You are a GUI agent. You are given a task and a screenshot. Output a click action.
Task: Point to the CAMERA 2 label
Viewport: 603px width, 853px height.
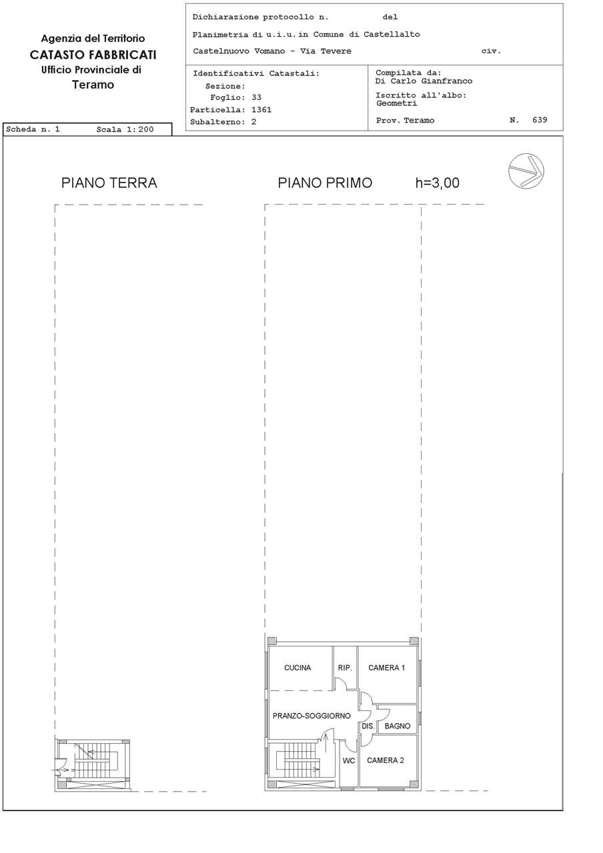click(385, 760)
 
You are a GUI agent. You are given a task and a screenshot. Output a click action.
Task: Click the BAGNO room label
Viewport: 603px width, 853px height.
click(397, 726)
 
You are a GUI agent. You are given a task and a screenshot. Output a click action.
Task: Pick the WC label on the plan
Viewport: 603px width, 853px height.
click(348, 760)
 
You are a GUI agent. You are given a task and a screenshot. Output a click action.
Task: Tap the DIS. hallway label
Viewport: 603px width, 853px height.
click(368, 726)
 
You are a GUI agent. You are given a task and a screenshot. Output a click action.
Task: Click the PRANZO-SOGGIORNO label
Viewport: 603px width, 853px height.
click(312, 716)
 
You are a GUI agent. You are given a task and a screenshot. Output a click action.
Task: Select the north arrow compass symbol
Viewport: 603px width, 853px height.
click(526, 171)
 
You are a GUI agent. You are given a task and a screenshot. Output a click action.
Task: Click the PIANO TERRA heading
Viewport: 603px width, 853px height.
click(109, 183)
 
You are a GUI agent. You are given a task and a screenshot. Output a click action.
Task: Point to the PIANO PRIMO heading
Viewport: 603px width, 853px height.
click(325, 183)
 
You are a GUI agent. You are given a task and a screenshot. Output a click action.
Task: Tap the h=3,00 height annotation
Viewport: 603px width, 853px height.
click(437, 183)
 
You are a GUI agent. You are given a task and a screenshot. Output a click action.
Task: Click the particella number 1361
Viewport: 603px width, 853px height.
click(261, 110)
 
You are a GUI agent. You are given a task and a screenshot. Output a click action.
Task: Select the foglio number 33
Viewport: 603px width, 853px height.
click(257, 97)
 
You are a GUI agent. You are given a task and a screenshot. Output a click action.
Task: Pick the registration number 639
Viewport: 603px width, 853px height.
click(540, 120)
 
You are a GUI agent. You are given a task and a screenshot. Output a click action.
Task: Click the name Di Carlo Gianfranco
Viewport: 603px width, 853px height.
click(424, 81)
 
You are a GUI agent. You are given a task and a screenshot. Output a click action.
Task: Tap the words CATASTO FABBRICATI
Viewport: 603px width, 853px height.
click(93, 55)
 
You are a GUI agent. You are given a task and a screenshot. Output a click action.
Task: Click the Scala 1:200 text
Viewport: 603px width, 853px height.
click(125, 129)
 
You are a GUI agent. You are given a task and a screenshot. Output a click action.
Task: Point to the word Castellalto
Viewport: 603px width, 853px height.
click(392, 34)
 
